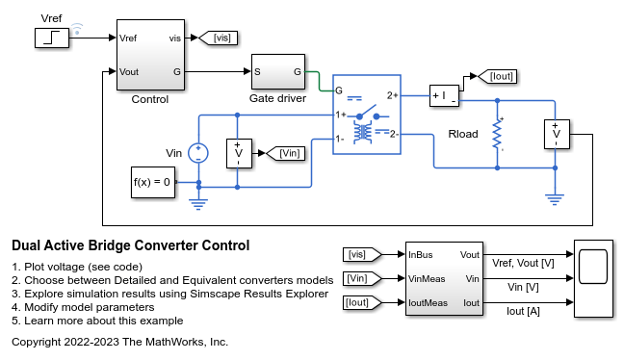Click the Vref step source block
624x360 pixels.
point(50,39)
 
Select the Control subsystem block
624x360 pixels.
point(150,55)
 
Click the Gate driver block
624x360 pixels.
point(278,71)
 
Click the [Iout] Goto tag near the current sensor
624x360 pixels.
point(499,75)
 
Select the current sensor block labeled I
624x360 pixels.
point(445,95)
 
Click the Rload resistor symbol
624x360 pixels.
point(498,134)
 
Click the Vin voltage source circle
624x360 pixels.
point(198,151)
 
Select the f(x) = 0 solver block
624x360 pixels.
point(153,181)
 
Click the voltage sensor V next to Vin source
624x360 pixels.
point(238,152)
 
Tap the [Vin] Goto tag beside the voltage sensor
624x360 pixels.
point(288,152)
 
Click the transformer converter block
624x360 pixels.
point(365,123)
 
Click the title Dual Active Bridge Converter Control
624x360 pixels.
point(130,245)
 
